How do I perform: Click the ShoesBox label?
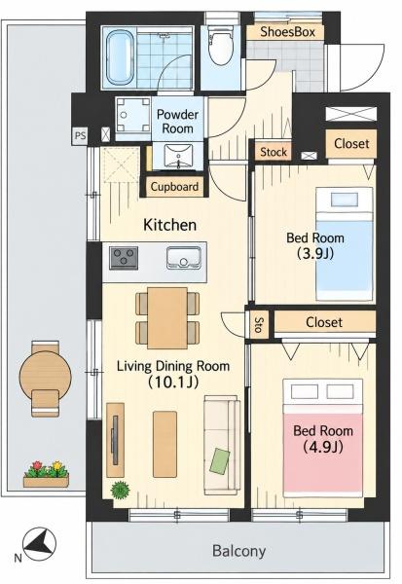[287, 32]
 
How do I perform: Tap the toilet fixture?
[220, 46]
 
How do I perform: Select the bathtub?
[120, 57]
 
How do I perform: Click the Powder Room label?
[177, 122]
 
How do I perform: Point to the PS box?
[80, 135]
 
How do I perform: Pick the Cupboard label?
[174, 186]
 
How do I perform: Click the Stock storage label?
[274, 152]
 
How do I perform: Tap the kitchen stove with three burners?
[124, 258]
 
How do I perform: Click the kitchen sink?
[184, 257]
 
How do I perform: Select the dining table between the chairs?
[166, 317]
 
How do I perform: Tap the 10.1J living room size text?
[173, 383]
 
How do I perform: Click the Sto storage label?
[258, 325]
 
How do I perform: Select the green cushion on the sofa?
[220, 461]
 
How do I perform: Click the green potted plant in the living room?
[120, 490]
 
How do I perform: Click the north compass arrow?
[39, 544]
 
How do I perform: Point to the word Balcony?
[238, 551]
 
